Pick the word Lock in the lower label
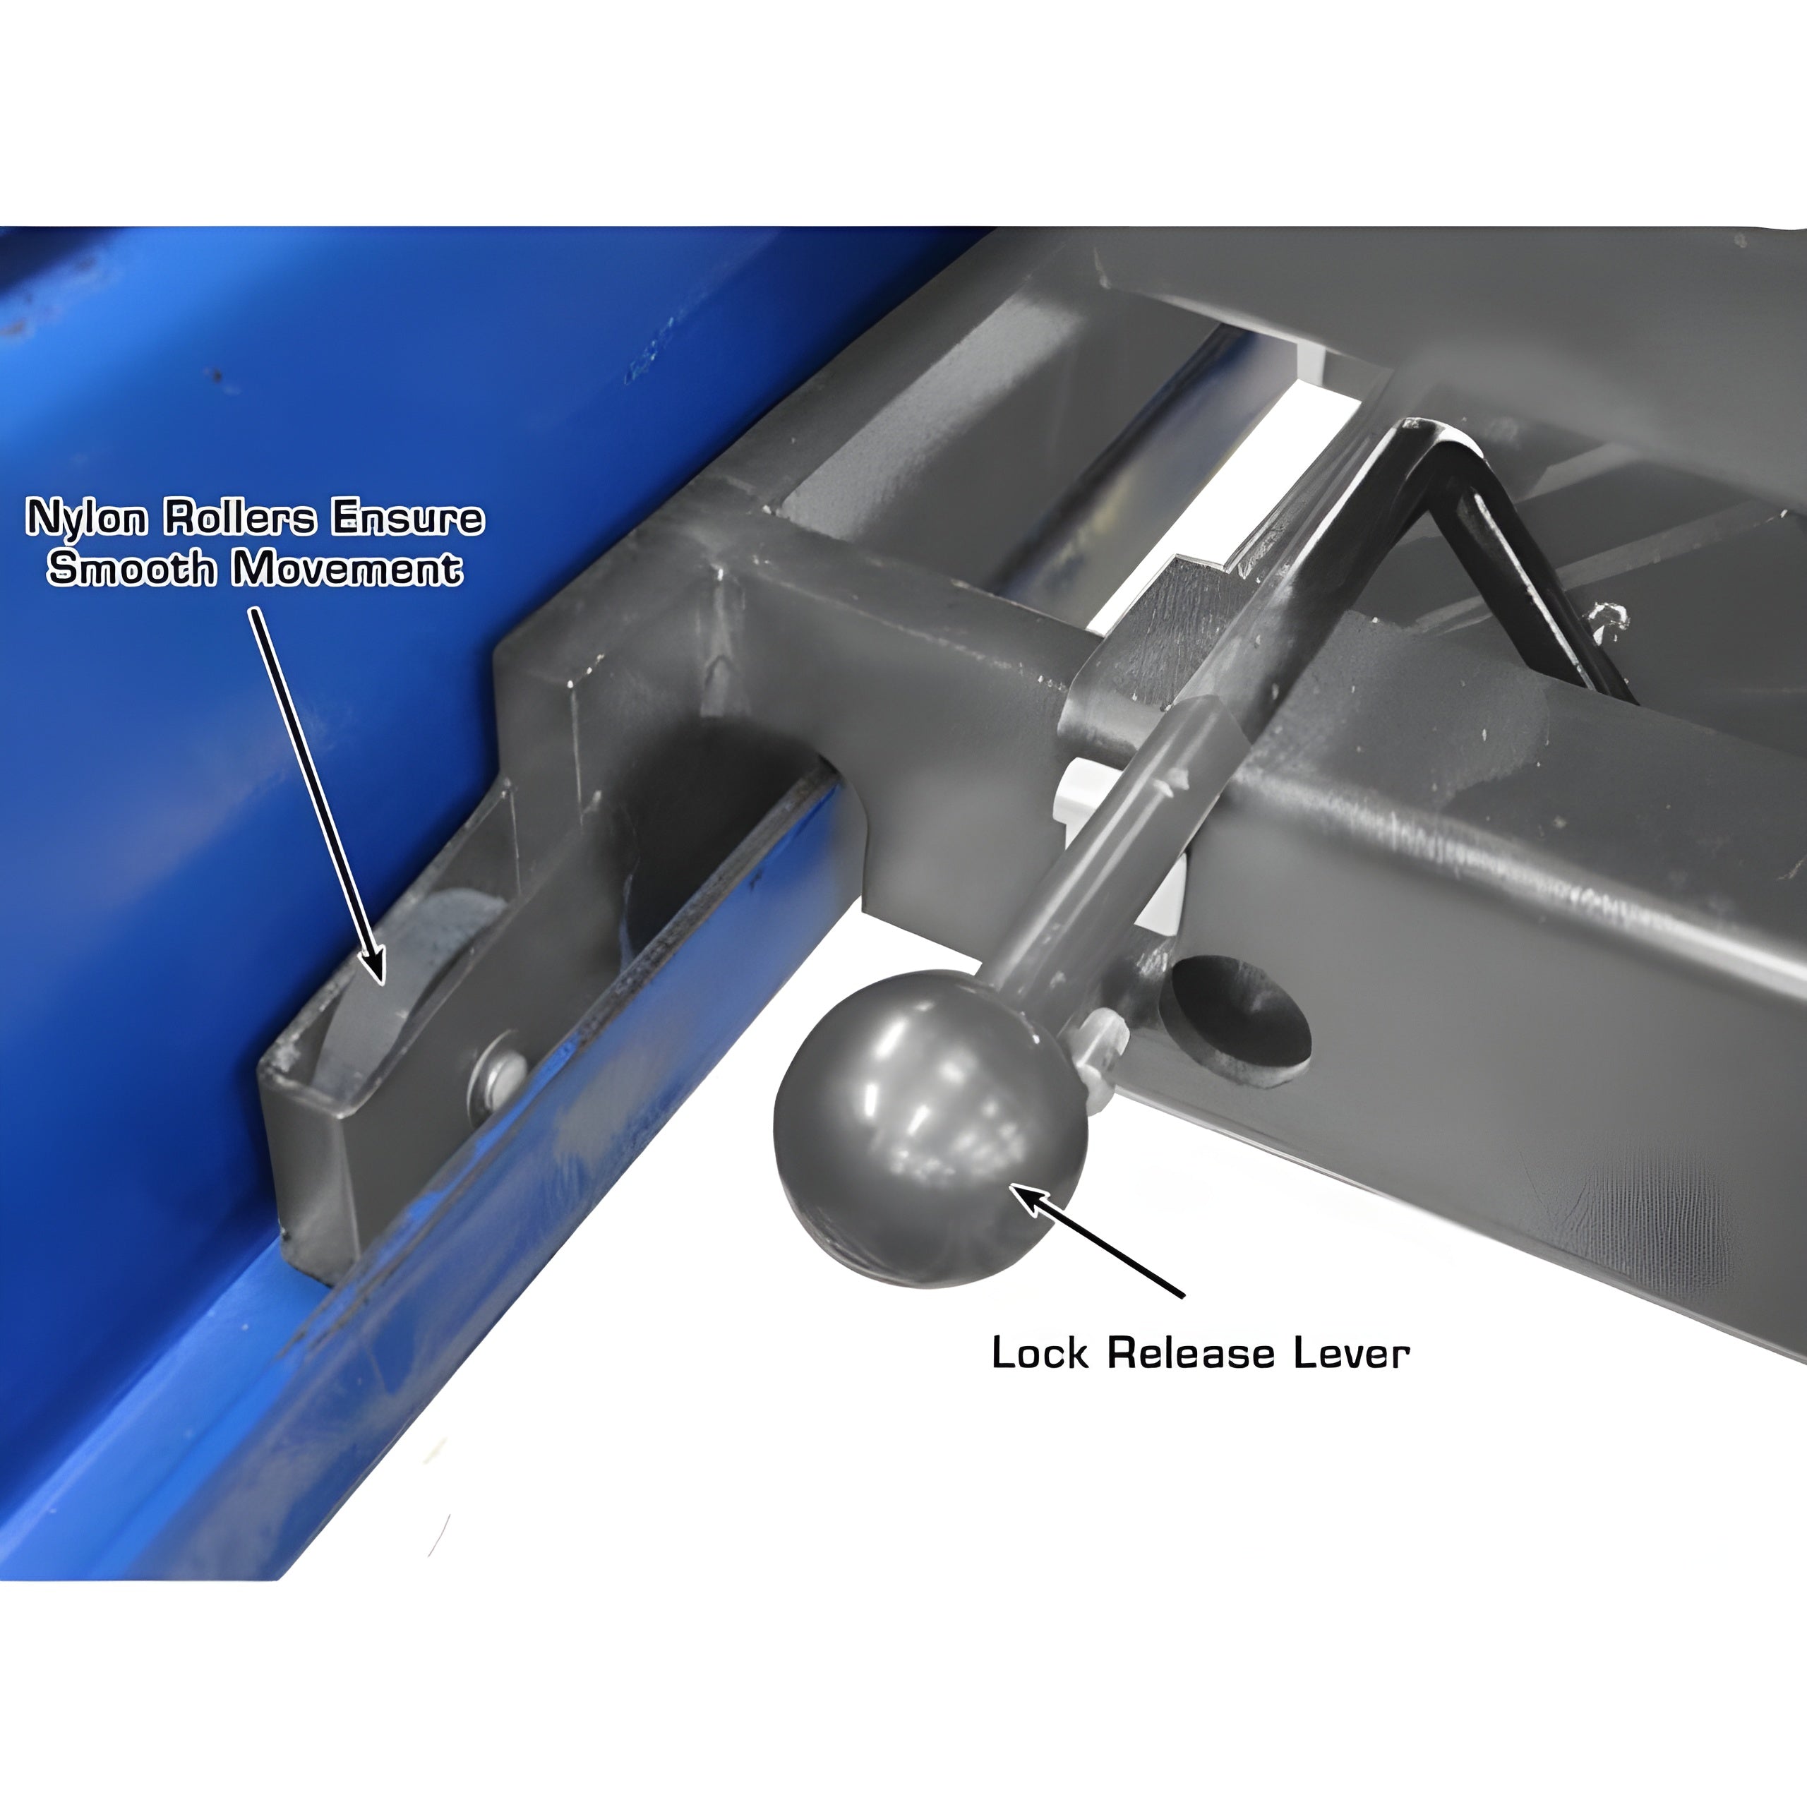point(1039,1353)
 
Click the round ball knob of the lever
point(930,1128)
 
